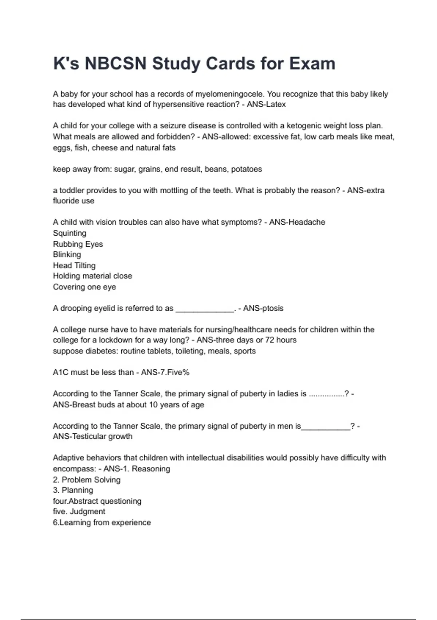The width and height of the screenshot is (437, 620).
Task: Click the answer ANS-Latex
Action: click(266, 104)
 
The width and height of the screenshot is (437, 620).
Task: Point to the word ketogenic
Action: click(307, 126)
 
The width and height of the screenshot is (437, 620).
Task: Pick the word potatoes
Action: click(247, 169)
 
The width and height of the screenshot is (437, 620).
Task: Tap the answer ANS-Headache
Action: click(297, 222)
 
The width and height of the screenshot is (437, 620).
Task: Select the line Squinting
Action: click(70, 233)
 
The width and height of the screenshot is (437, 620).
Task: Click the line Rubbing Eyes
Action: click(78, 244)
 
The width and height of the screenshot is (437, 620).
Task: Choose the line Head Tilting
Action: click(74, 266)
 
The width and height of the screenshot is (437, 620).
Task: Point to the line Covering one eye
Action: click(84, 287)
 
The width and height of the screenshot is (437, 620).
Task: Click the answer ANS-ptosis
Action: click(263, 309)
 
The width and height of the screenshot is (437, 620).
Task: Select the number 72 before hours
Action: click(270, 340)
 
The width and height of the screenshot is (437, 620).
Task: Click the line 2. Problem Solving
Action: click(87, 480)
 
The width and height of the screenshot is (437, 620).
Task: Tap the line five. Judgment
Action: click(79, 512)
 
